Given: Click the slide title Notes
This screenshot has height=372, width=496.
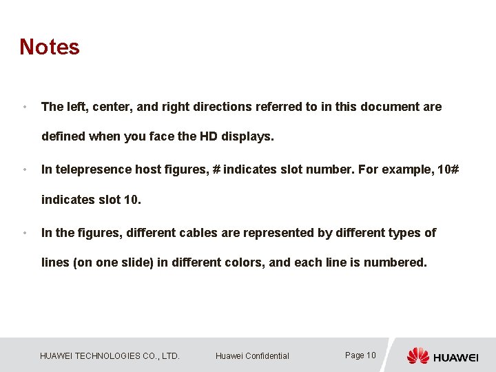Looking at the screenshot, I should tap(50, 47).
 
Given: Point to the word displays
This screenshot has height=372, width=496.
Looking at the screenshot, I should tap(247, 136).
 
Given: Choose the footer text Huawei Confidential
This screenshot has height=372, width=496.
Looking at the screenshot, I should tap(252, 356).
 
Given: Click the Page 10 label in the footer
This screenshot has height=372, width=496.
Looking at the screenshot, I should tap(360, 355).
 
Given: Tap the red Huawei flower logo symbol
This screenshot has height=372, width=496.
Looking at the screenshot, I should tap(417, 355).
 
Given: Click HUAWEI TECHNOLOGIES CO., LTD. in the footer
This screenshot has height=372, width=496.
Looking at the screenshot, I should tap(110, 356).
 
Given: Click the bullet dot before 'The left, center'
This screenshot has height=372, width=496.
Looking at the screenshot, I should tap(24, 107).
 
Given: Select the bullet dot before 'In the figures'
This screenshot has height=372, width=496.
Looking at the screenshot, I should tap(24, 234).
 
